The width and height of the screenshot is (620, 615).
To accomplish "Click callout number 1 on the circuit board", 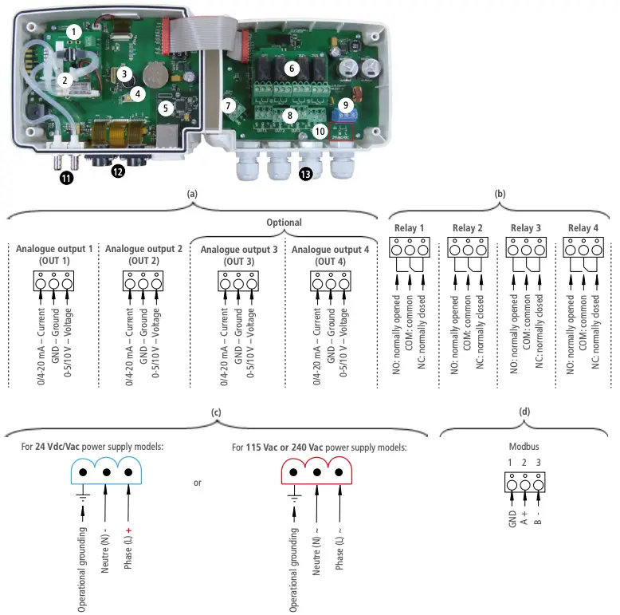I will click(x=73, y=31).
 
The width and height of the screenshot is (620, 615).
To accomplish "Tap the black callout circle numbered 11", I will click(x=66, y=179).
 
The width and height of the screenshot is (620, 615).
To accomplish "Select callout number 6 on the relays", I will click(x=292, y=69).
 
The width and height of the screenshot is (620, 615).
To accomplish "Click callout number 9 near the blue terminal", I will click(x=345, y=104).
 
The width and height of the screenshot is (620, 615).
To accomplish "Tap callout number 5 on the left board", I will click(x=166, y=107).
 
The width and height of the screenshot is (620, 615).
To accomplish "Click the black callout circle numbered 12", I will click(x=118, y=171).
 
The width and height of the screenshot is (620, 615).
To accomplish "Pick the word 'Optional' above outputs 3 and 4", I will click(x=284, y=223).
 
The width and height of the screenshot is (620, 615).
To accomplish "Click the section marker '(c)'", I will click(x=216, y=412).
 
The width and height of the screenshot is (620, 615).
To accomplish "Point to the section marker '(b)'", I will click(x=499, y=194).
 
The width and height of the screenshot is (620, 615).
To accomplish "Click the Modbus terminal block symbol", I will click(x=523, y=483).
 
